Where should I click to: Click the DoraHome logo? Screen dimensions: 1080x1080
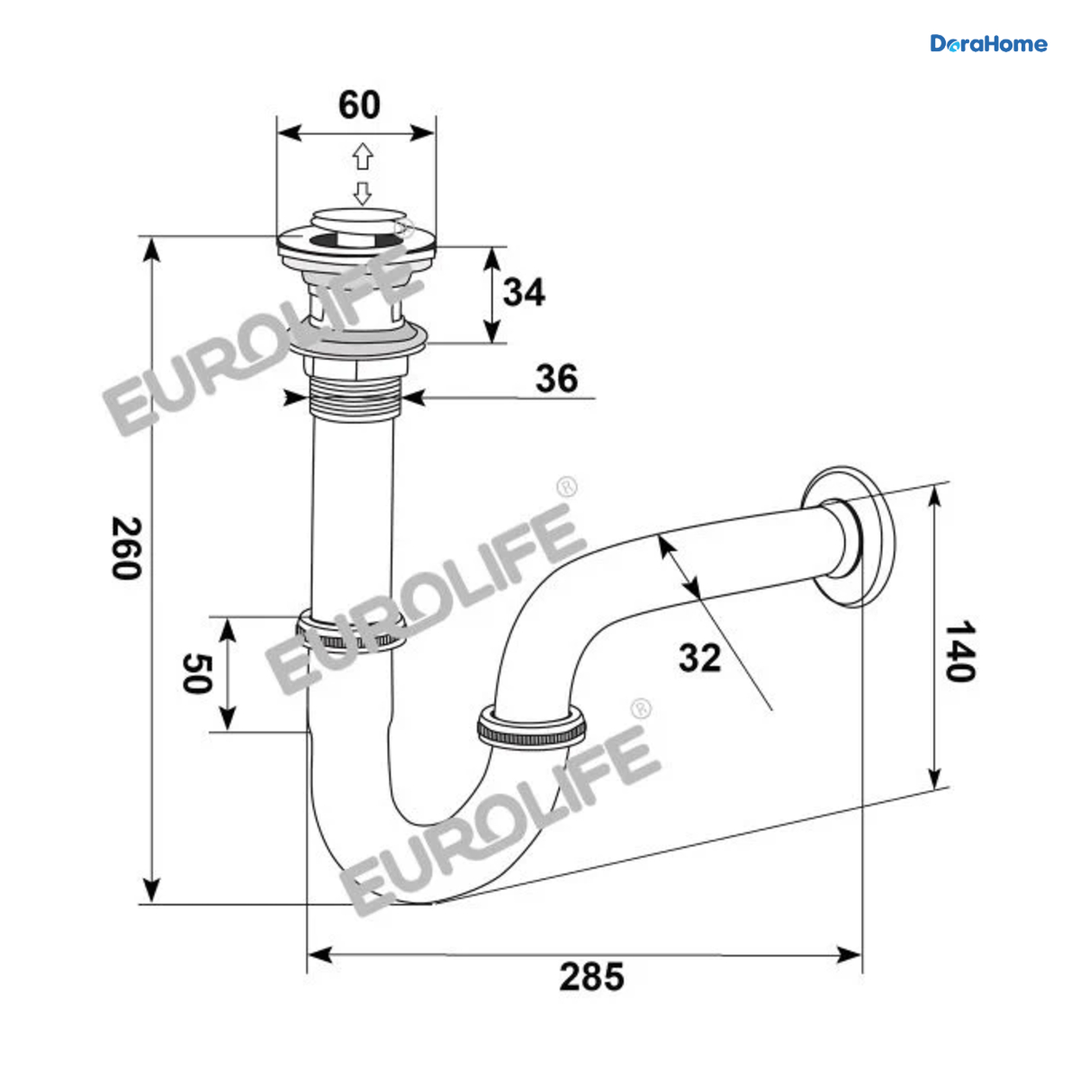coord(988,44)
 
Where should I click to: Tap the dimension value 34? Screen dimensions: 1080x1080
coord(524,292)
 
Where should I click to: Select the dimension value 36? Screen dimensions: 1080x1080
coord(556,378)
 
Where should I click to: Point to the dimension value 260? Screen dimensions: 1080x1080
coord(126,548)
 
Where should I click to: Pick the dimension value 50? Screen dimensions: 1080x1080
coord(197,673)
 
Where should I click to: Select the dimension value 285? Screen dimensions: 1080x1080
coord(591,976)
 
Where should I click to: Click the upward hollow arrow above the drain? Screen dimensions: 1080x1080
coord(364,157)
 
